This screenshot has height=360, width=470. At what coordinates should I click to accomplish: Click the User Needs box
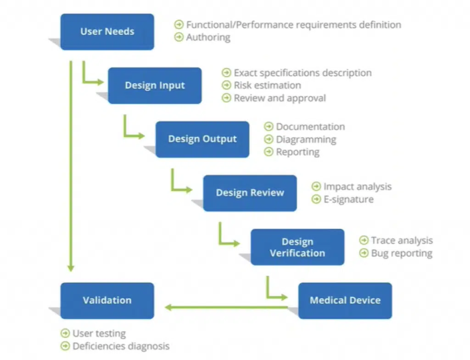click(107, 32)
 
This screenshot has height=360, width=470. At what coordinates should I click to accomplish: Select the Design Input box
click(155, 85)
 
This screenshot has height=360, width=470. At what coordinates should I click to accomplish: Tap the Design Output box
click(202, 139)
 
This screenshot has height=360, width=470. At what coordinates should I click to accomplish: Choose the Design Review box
click(250, 193)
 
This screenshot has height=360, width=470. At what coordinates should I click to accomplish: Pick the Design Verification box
click(297, 247)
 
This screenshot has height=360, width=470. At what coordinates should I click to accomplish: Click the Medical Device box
click(345, 300)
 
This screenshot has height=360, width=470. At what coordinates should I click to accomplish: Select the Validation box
click(107, 300)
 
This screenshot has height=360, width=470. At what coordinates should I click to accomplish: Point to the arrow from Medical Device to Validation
click(225, 307)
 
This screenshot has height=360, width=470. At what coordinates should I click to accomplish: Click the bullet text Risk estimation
click(267, 85)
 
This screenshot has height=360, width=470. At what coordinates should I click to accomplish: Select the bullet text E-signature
click(348, 199)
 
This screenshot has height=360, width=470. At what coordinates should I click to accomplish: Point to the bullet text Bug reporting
click(402, 253)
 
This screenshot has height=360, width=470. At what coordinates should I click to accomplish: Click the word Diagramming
click(306, 139)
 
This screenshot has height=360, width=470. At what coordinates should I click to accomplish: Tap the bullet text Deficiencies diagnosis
click(121, 346)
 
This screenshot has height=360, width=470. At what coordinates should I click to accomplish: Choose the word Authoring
click(208, 37)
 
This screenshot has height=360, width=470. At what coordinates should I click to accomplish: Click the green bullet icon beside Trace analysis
click(364, 240)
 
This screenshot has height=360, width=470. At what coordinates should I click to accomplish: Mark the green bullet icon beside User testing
click(65, 333)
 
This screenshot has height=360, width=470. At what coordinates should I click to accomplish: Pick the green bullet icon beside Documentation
click(269, 127)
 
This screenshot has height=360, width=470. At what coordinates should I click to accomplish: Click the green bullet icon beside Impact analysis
click(316, 186)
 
